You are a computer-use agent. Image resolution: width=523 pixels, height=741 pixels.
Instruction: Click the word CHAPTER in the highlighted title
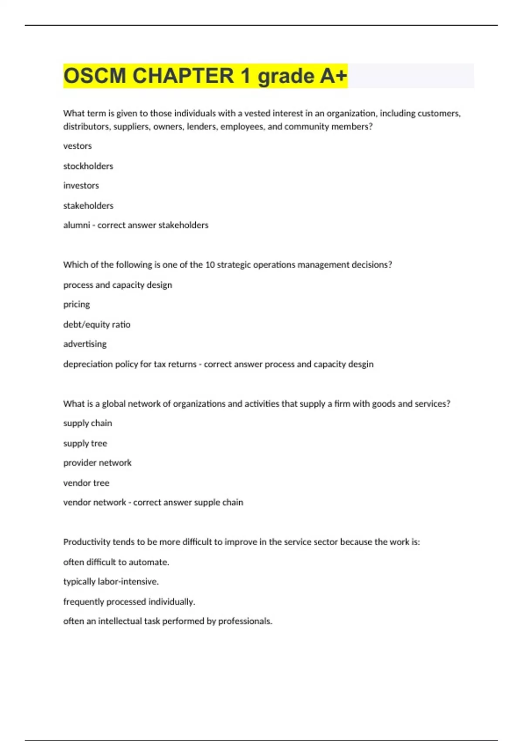(x=183, y=76)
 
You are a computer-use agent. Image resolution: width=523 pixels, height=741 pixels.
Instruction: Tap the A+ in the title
(x=333, y=76)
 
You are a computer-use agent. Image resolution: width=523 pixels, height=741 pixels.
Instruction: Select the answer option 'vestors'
(x=78, y=146)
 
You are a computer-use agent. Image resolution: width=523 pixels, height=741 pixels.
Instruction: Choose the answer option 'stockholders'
(x=88, y=166)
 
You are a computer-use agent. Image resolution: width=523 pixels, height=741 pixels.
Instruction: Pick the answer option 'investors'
(x=81, y=186)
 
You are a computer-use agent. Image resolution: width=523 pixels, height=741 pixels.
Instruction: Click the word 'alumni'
(x=77, y=225)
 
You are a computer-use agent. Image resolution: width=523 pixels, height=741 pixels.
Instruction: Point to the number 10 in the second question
(x=210, y=265)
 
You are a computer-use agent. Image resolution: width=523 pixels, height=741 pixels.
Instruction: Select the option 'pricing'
(x=77, y=304)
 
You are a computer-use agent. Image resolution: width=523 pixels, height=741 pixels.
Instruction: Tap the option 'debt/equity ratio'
(x=97, y=324)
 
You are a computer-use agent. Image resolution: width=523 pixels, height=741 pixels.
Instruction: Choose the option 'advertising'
(x=85, y=344)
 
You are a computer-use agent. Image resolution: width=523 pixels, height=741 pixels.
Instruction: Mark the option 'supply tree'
(x=85, y=443)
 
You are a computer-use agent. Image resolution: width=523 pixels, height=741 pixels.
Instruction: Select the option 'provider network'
(x=97, y=463)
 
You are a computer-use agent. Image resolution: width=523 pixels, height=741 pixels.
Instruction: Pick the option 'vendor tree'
(x=86, y=483)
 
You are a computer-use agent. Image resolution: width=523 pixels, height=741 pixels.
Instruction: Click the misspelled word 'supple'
(x=208, y=503)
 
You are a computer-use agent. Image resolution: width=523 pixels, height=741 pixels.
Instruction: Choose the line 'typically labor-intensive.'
(x=111, y=581)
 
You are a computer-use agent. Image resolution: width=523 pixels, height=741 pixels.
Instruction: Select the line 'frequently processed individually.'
(x=129, y=602)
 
